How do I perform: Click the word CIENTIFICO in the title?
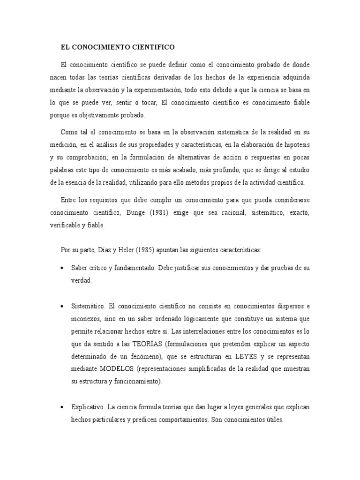[151, 47]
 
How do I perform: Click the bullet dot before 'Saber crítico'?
[62, 268]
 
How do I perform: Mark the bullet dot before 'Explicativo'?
[62, 407]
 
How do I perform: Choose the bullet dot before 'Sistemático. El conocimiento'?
[62, 306]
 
